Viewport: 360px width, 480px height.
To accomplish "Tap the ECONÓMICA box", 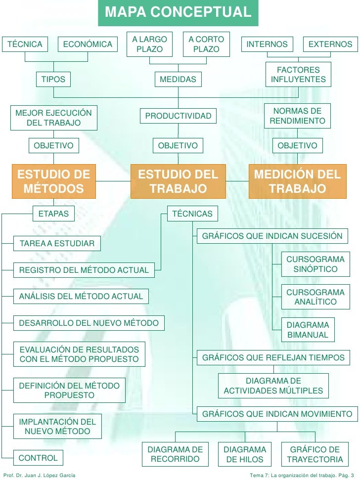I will [88, 44].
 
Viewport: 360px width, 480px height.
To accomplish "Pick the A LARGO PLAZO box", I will [149, 44].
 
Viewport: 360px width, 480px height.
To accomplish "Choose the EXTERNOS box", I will [330, 44].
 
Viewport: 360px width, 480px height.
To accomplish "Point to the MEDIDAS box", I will [178, 79].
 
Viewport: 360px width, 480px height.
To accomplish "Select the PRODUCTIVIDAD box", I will [178, 116].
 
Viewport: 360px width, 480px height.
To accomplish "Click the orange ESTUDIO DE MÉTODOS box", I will [54, 181].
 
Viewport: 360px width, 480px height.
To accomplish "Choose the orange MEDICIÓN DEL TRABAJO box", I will [297, 181].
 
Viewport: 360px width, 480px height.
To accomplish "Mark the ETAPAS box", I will [54, 214].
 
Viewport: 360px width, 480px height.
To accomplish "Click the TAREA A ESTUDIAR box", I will [57, 244].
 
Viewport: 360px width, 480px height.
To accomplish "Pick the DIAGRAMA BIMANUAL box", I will [308, 330].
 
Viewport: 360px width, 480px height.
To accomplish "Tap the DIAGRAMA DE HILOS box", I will [245, 454].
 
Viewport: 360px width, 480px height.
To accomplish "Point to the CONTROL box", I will [38, 458].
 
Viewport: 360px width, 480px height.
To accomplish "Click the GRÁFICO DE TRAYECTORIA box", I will [315, 454].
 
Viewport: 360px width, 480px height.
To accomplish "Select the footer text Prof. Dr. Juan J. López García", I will [40, 475].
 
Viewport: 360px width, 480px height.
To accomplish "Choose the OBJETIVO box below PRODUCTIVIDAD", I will [178, 145].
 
